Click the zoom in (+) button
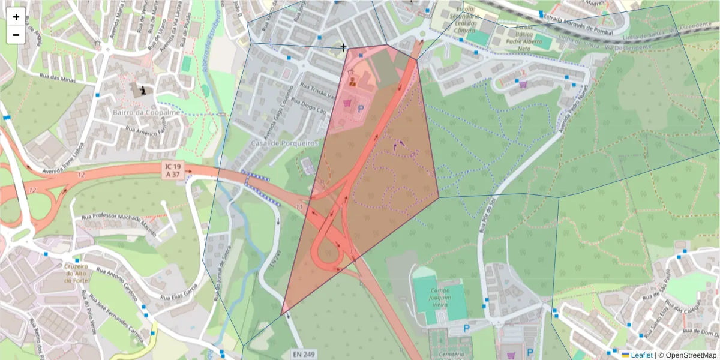pyautogui.click(x=16, y=17)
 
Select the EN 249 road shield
pyautogui.click(x=304, y=355)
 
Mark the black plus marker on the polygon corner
pyautogui.click(x=344, y=47)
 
